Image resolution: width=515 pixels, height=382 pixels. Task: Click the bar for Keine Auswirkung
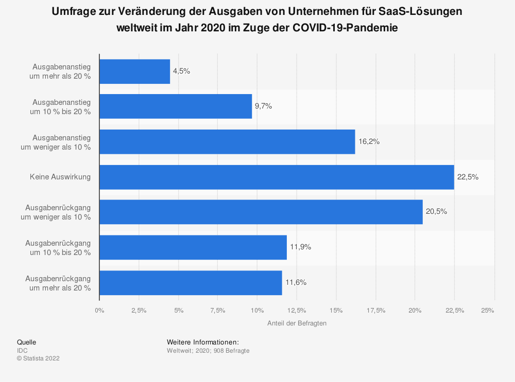click(x=277, y=177)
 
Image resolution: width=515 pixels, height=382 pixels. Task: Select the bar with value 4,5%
click(x=134, y=71)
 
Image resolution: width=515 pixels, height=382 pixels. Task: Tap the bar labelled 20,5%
click(x=261, y=212)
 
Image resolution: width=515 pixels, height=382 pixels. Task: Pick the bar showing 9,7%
click(x=176, y=106)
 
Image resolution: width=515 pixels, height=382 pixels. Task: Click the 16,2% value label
click(x=369, y=141)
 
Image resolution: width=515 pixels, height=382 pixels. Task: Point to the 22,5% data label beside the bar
click(x=468, y=177)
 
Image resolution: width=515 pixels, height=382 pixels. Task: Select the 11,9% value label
click(x=301, y=247)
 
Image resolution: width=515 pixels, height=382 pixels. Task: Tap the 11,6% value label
click(x=296, y=282)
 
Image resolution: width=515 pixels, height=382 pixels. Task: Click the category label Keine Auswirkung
click(x=60, y=177)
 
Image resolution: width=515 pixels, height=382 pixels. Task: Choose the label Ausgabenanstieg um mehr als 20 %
click(x=61, y=71)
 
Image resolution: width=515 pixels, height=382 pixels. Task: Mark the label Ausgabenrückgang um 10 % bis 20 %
click(x=58, y=247)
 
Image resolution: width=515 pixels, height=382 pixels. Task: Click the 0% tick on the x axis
click(x=99, y=310)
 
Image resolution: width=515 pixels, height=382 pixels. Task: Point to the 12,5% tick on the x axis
click(x=297, y=310)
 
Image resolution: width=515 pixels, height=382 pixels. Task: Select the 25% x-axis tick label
click(x=488, y=310)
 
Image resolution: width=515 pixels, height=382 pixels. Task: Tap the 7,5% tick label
click(x=218, y=310)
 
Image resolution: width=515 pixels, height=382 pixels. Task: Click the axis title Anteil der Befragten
click(x=297, y=323)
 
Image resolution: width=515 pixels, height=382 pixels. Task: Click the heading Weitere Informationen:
click(x=203, y=342)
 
